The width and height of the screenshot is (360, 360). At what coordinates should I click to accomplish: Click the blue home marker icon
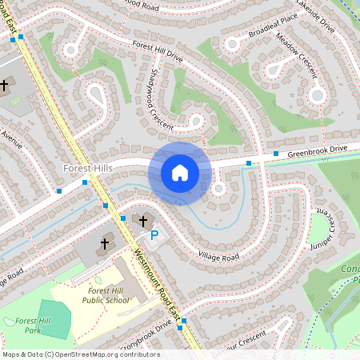pos(179,173)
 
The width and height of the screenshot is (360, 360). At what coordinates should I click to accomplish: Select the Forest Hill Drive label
pos(158,52)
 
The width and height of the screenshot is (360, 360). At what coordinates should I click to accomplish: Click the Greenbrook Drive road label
pos(317,149)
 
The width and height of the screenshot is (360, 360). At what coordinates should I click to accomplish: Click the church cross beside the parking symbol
pos(143,220)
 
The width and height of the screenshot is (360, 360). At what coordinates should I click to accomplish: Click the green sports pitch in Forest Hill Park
pos(54,319)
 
